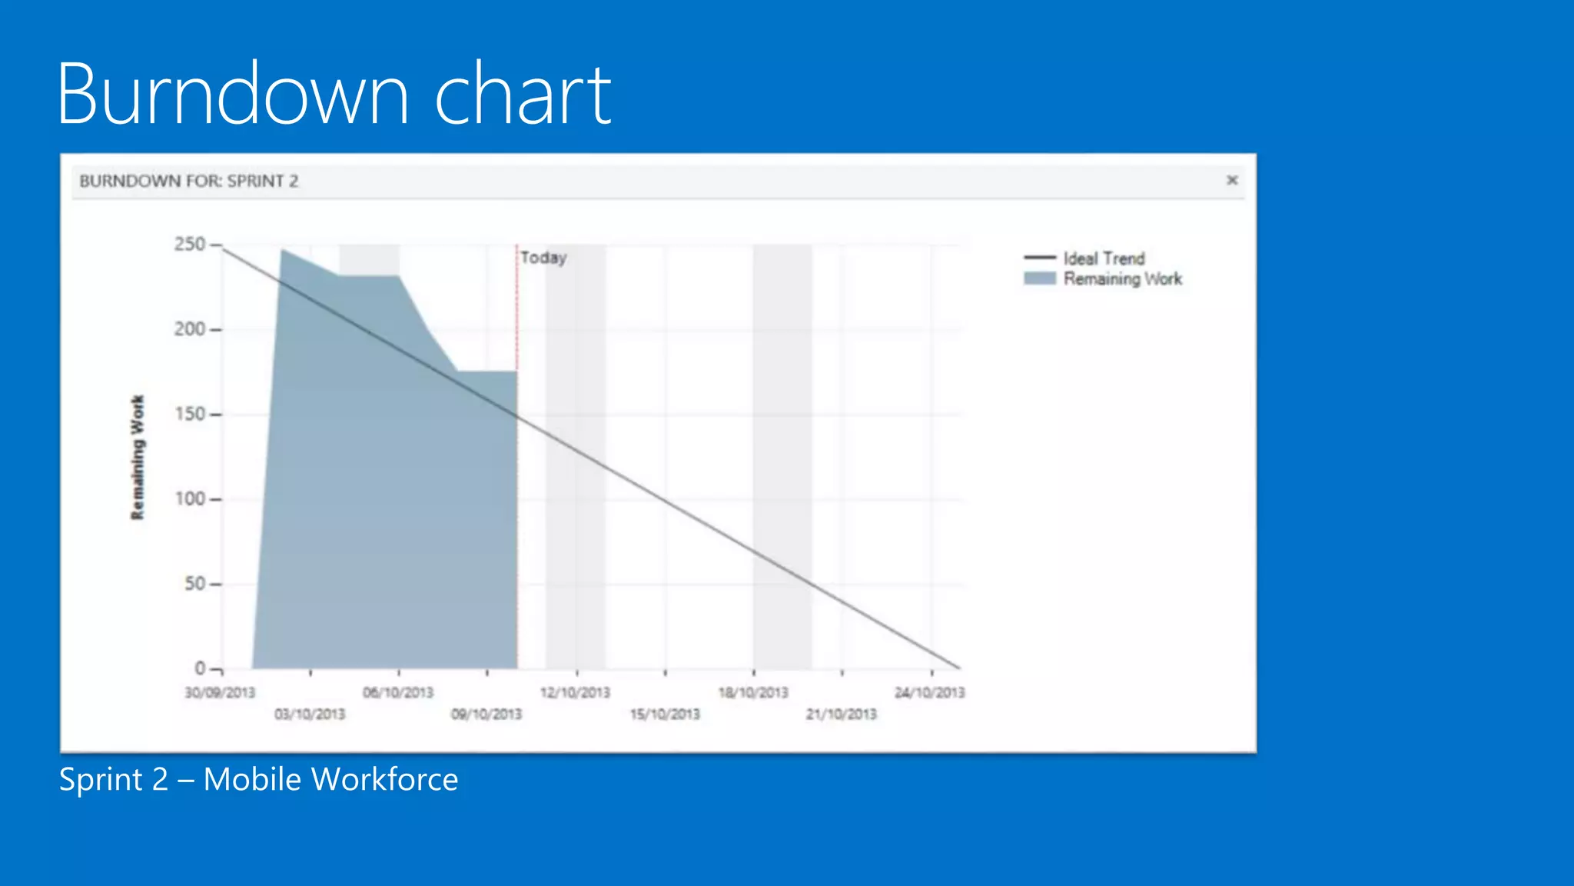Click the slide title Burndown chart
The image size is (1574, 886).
[334, 94]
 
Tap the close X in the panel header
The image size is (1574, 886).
[1232, 180]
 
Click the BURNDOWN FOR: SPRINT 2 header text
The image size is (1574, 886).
[189, 181]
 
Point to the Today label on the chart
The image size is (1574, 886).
[543, 258]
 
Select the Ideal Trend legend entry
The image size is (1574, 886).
[1104, 258]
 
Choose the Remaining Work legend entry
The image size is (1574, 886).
[1122, 279]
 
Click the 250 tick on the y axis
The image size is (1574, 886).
[190, 245]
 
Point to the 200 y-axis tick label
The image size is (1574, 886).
[190, 329]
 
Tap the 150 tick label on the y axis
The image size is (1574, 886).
[190, 414]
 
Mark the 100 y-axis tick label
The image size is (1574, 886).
[190, 499]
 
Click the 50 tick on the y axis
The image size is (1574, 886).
[194, 584]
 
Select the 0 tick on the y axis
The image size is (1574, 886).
[200, 668]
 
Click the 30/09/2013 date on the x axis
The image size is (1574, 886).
[220, 692]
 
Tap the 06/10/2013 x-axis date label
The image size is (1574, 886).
[398, 692]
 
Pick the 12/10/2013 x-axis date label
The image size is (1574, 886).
[575, 692]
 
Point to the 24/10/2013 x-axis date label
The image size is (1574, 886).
[929, 692]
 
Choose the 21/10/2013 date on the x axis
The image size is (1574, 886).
[842, 714]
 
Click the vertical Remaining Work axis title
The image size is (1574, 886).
[138, 458]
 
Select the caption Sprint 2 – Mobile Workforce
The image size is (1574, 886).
[258, 779]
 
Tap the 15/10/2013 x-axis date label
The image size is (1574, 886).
[665, 714]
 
